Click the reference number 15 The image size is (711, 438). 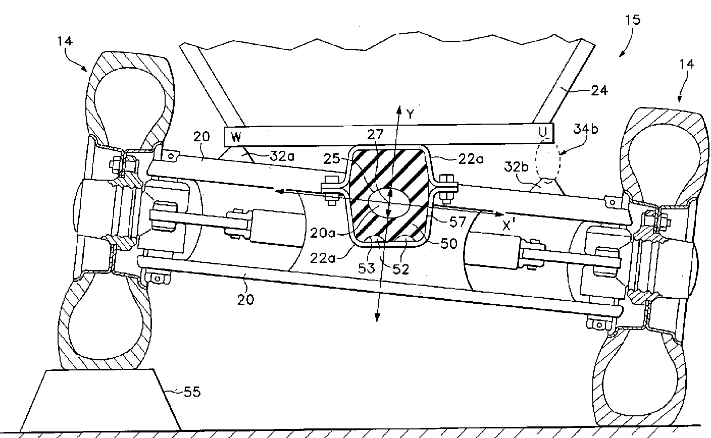pyautogui.click(x=632, y=20)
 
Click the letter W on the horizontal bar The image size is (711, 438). pyautogui.click(x=236, y=136)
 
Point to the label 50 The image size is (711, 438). pyautogui.click(x=448, y=243)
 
